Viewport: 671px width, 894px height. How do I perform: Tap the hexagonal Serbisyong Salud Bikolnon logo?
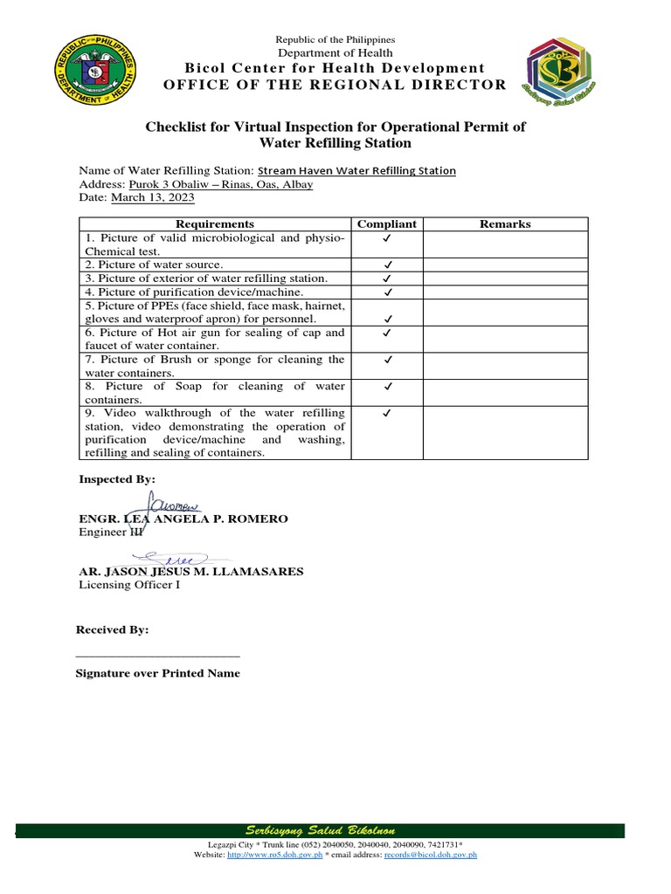[562, 70]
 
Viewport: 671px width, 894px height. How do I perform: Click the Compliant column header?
[386, 224]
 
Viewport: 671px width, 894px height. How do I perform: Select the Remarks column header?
[505, 224]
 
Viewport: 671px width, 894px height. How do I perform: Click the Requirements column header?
[215, 224]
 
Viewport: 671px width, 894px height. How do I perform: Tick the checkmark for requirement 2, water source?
[386, 265]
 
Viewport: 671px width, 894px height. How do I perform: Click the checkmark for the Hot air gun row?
[386, 333]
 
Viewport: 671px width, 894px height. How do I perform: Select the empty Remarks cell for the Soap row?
[505, 392]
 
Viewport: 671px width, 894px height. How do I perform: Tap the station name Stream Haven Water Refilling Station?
[356, 171]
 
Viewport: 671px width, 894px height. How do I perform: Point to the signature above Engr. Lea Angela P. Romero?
[174, 504]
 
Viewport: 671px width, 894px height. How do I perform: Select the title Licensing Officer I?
[129, 586]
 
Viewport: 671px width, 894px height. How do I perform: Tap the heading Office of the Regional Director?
[336, 85]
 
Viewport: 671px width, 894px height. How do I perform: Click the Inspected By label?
[117, 479]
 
